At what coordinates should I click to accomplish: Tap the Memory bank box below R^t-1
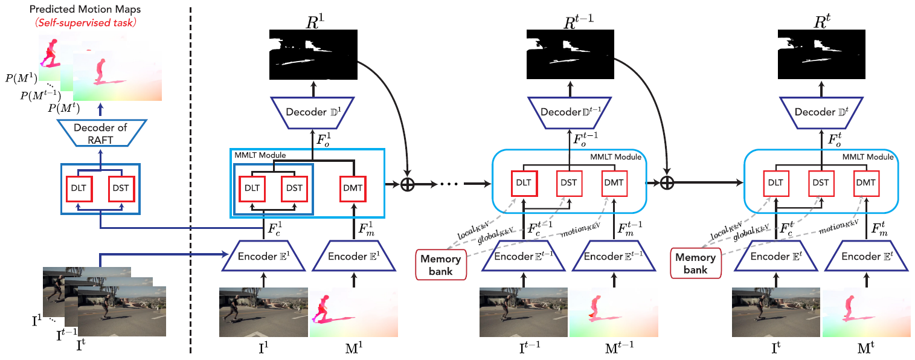point(440,263)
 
